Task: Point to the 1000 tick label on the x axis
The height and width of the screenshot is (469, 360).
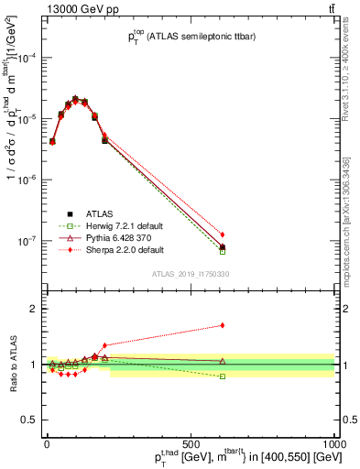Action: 333,442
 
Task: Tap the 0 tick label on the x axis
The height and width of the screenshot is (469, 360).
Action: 47,442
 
